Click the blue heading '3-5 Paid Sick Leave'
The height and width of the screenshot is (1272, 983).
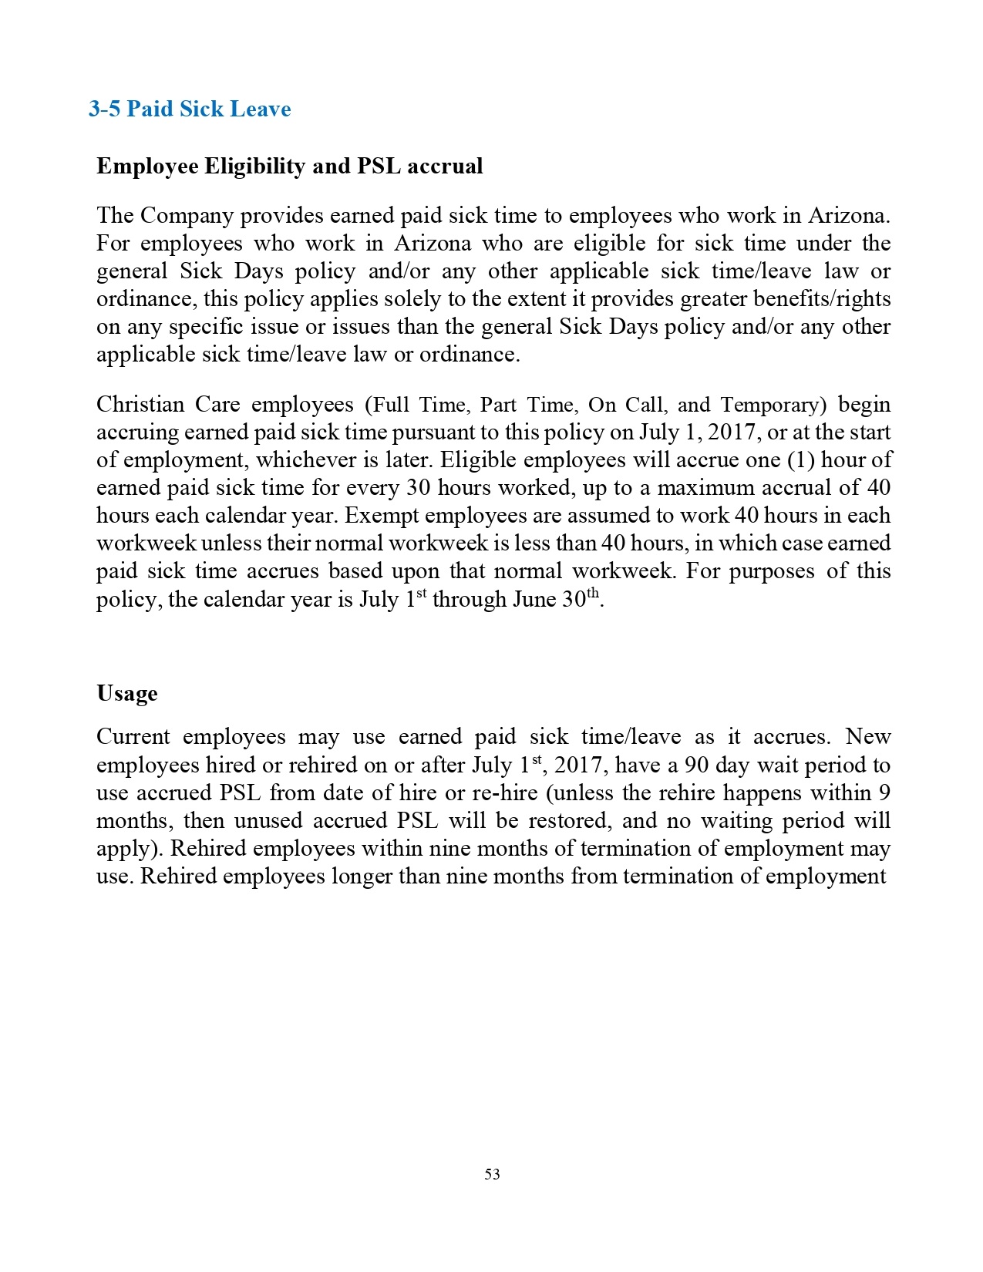point(190,109)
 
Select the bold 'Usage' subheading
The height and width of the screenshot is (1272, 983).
point(127,693)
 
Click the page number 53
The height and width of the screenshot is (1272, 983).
point(492,1174)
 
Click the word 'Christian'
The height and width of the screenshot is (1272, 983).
point(140,405)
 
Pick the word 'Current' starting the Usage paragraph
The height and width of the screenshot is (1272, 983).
point(133,737)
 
